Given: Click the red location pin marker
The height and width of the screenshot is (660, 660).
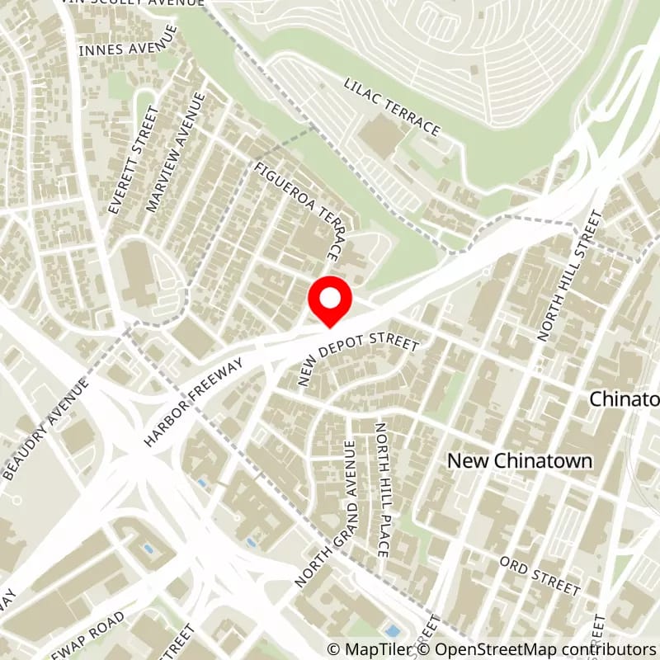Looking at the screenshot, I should [x=330, y=302].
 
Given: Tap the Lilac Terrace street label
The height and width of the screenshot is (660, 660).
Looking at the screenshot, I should [x=392, y=108].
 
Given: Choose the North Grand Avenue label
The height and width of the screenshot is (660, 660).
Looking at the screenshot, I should [x=328, y=512].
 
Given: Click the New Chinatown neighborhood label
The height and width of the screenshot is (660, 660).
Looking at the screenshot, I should [x=520, y=461].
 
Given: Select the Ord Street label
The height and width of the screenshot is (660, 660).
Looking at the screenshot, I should [x=540, y=575].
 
